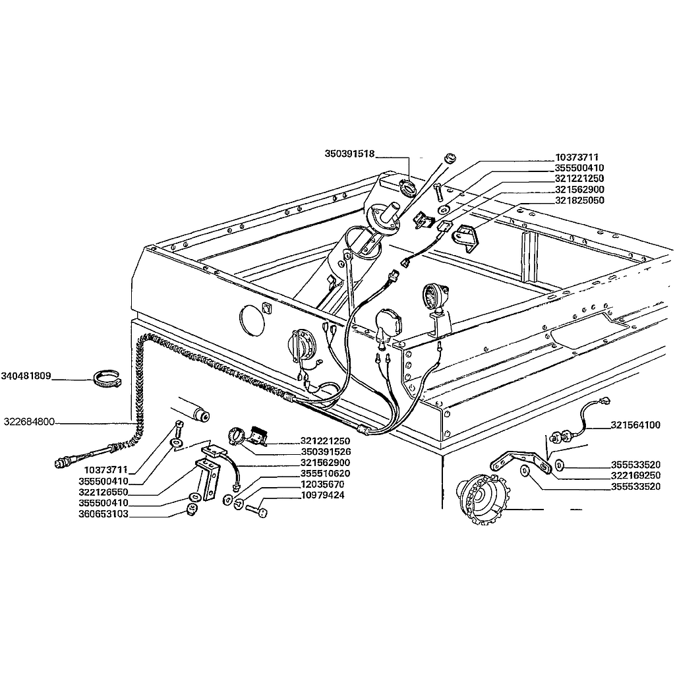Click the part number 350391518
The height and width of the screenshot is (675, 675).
point(349,154)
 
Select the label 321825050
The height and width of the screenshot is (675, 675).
point(579,200)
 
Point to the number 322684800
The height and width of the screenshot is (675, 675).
point(28,421)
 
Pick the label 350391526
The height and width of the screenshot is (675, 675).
point(325,452)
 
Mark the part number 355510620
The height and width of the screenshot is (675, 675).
point(325,473)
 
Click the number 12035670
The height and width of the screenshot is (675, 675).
point(322,484)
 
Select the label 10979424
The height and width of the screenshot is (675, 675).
point(322,494)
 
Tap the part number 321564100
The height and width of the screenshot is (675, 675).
point(635,425)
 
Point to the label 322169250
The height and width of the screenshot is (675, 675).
point(635,475)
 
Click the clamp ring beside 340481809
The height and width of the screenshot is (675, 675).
point(107,379)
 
